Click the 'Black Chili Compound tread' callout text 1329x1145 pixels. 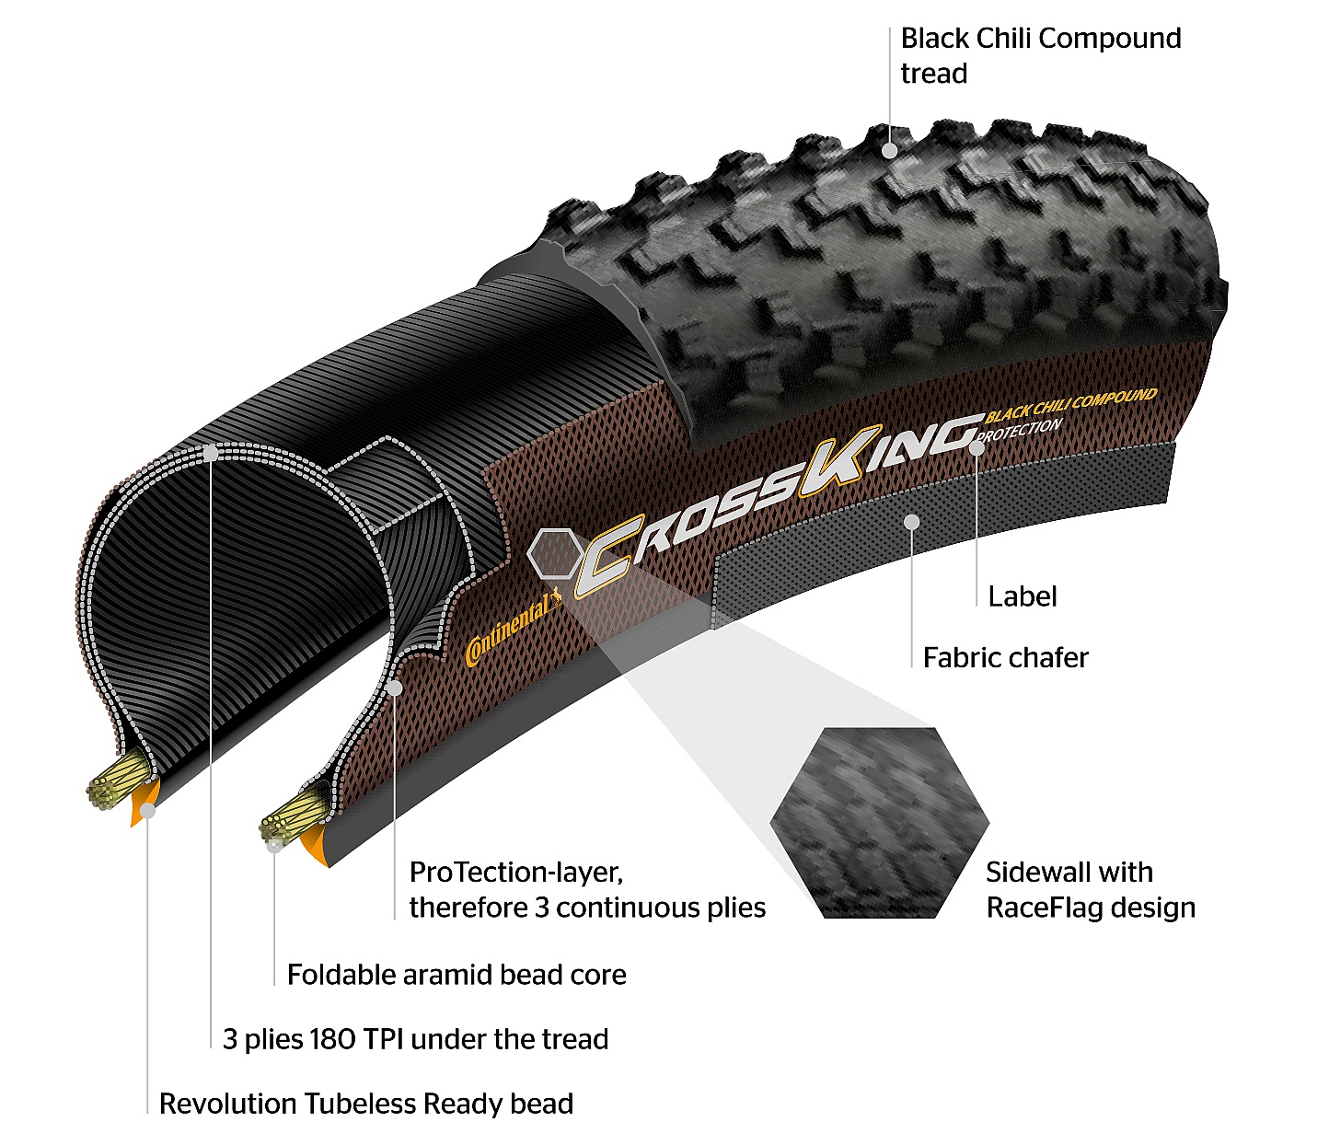pyautogui.click(x=1040, y=55)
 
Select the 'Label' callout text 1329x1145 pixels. pyautogui.click(x=1022, y=596)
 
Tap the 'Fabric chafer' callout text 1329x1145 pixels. pyautogui.click(x=1005, y=657)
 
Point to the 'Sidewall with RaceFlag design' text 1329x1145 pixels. pyautogui.click(x=1090, y=889)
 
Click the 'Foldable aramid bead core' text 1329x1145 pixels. pyautogui.click(x=456, y=975)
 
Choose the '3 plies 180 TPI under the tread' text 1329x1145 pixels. pyautogui.click(x=415, y=1039)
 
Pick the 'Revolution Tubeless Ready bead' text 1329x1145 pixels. pyautogui.click(x=366, y=1104)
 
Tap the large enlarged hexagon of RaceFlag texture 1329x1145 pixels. pyautogui.click(x=879, y=823)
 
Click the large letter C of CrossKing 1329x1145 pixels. pyautogui.click(x=608, y=556)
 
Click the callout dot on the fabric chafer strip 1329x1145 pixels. pyautogui.click(x=911, y=522)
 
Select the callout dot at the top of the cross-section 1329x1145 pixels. pyautogui.click(x=211, y=453)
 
